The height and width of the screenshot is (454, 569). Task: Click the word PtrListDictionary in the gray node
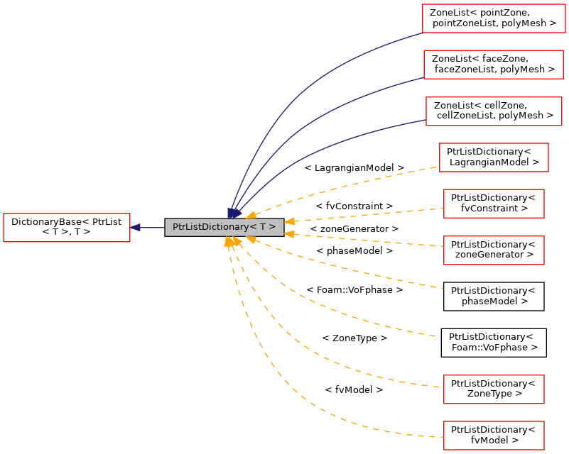pyautogui.click(x=210, y=227)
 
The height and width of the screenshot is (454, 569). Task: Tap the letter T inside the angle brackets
pyautogui.click(x=262, y=227)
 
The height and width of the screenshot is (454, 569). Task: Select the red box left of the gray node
pyautogui.click(x=67, y=228)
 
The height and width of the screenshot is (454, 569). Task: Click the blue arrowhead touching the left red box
pyautogui.click(x=135, y=228)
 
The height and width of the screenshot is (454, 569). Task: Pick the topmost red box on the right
pyautogui.click(x=494, y=18)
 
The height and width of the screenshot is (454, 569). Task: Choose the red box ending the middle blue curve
pyautogui.click(x=493, y=65)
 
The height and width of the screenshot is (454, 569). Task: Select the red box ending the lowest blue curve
pyautogui.click(x=494, y=111)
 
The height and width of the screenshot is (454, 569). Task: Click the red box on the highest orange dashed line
pyautogui.click(x=494, y=157)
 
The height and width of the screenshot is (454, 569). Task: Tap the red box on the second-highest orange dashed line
pyautogui.click(x=494, y=204)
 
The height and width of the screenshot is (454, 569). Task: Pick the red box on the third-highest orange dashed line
pyautogui.click(x=494, y=250)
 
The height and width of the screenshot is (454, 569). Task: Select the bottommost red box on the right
pyautogui.click(x=494, y=436)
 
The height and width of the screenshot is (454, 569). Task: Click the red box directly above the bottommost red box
pyautogui.click(x=494, y=389)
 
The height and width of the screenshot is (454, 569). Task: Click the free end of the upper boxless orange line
pyautogui.click(x=442, y=288)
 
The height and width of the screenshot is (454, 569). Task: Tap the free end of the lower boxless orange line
pyautogui.click(x=440, y=336)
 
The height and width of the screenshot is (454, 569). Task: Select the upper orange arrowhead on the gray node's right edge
pyautogui.click(x=289, y=221)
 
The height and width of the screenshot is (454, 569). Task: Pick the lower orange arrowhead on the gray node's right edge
pyautogui.click(x=289, y=233)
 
